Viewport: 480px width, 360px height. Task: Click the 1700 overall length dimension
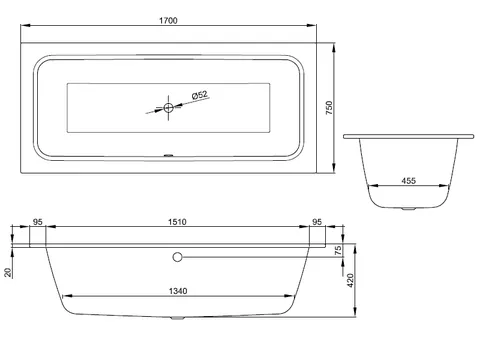(168, 20)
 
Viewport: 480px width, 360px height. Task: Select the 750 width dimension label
(329, 108)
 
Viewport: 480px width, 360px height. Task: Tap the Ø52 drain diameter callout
(200, 95)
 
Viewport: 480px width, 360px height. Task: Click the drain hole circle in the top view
(169, 108)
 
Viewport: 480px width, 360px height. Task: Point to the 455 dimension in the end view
(409, 181)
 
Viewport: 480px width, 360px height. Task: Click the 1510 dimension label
(177, 222)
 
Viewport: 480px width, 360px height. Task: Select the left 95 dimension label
(38, 222)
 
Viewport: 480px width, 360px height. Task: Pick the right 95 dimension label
(317, 222)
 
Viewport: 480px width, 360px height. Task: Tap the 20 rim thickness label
(8, 273)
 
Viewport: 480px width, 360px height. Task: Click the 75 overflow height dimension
(338, 251)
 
